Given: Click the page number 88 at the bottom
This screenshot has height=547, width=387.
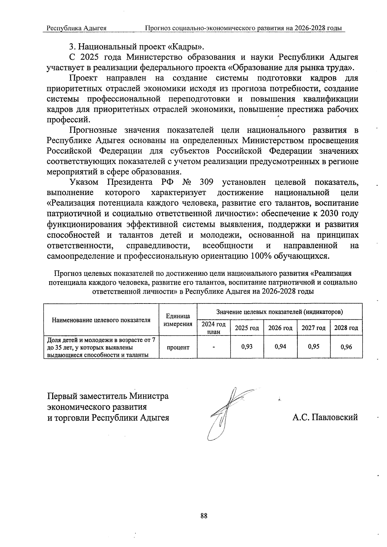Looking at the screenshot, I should [x=203, y=516].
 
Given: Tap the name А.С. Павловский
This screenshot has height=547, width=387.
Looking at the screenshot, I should [x=325, y=417].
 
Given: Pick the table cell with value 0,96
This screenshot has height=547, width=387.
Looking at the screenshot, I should [x=346, y=347].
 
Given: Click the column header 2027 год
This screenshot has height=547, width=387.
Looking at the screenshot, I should [x=313, y=328].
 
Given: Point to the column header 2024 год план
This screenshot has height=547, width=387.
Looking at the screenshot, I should [x=213, y=328].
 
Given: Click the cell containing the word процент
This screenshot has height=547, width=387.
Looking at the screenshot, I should [x=178, y=347].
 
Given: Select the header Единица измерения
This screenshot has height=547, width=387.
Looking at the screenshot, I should [x=178, y=320].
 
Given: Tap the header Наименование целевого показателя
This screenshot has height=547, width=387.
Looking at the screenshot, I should [x=101, y=320].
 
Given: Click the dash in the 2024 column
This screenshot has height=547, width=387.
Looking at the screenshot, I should [x=213, y=347].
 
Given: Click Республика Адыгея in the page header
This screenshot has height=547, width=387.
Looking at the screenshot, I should [x=77, y=28].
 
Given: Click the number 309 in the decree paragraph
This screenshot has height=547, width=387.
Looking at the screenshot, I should [x=206, y=182].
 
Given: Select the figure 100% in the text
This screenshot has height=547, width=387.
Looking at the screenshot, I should [x=260, y=256].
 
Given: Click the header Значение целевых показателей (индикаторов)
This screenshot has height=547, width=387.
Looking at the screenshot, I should [x=279, y=312].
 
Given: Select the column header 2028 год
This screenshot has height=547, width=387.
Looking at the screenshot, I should [x=346, y=328].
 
